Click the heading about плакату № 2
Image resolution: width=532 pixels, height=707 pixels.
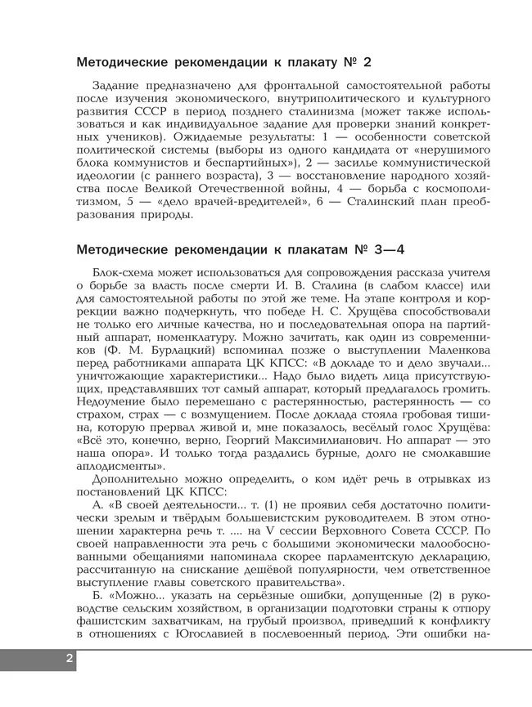tap(223, 62)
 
